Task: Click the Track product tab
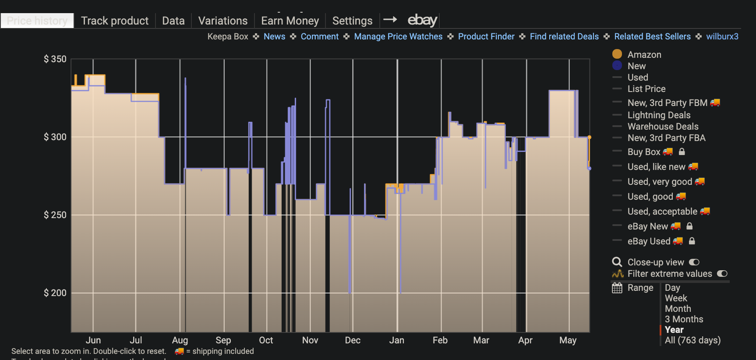[114, 21]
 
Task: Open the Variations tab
[223, 21]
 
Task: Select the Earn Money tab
[290, 21]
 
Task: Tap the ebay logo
[422, 20]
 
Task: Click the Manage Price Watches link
[398, 36]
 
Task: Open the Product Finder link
[486, 36]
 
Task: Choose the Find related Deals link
[564, 36]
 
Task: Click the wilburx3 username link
[722, 36]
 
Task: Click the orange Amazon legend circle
[617, 54]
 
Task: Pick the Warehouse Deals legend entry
[663, 126]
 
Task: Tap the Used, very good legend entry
[660, 181]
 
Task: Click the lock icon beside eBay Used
[692, 241]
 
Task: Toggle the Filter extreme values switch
[722, 273]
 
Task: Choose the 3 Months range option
[684, 319]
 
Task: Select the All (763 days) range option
[692, 340]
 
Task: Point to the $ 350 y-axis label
[55, 59]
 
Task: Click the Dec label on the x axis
[353, 340]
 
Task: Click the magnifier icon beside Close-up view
[617, 262]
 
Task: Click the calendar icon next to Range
[617, 288]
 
